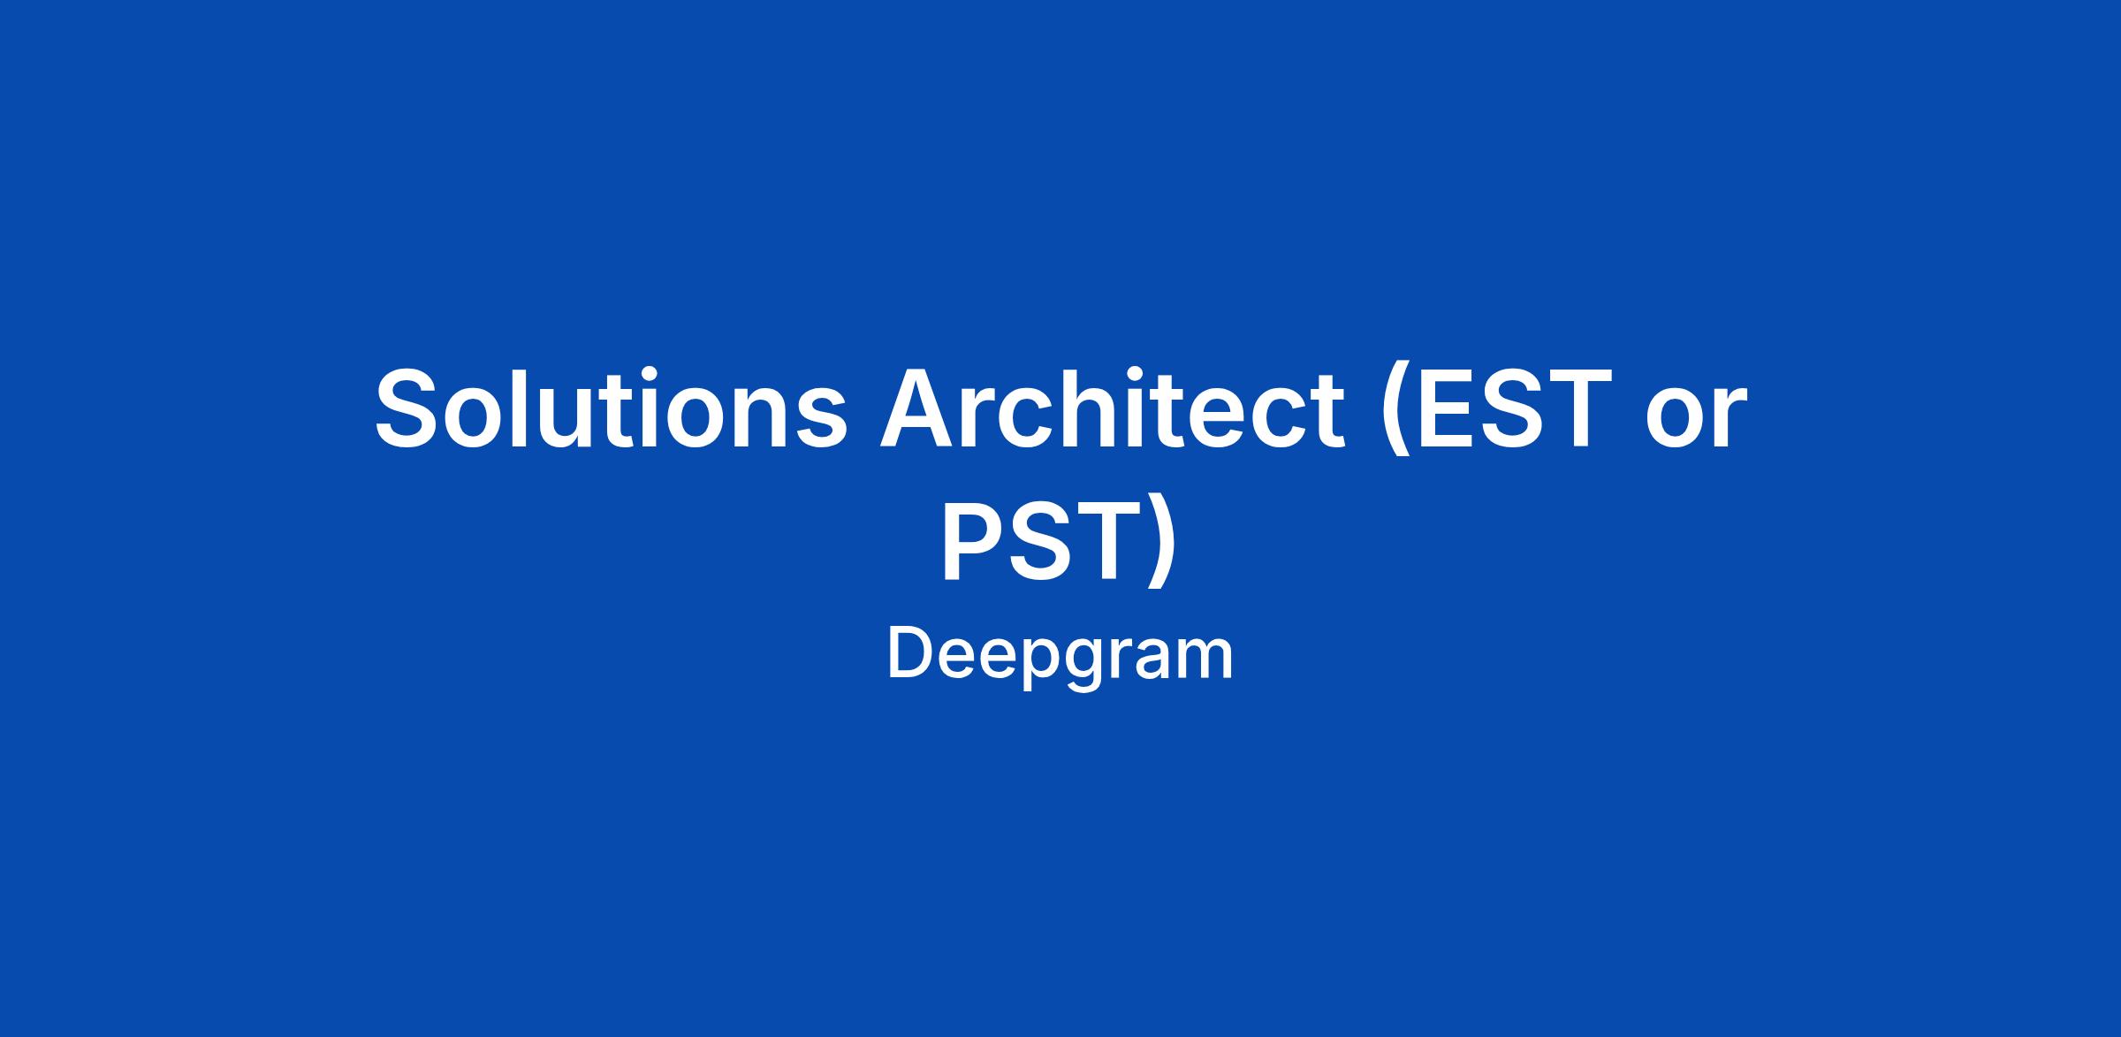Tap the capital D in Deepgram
(x=914, y=653)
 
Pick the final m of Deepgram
(x=1201, y=660)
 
